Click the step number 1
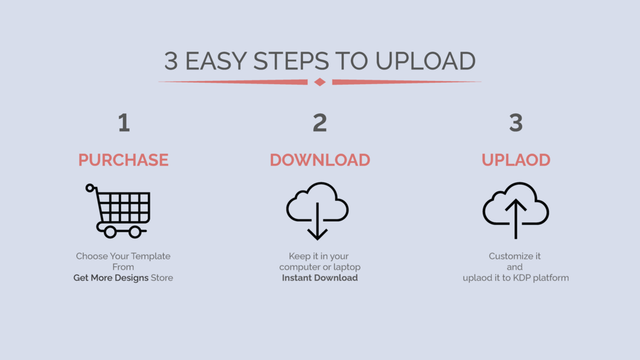(124, 123)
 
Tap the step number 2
(320, 123)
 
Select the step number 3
(516, 123)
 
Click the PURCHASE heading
(124, 160)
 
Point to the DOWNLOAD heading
(320, 160)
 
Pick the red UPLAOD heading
(516, 160)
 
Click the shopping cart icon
(118, 211)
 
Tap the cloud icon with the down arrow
(318, 211)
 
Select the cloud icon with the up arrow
(516, 211)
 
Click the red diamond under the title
(320, 82)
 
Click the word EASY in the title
(215, 61)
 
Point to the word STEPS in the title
(291, 61)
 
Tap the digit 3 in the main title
(171, 61)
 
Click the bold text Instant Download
(320, 278)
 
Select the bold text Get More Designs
(111, 278)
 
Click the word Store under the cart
(162, 278)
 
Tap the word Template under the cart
(151, 256)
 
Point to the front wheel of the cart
(135, 232)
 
